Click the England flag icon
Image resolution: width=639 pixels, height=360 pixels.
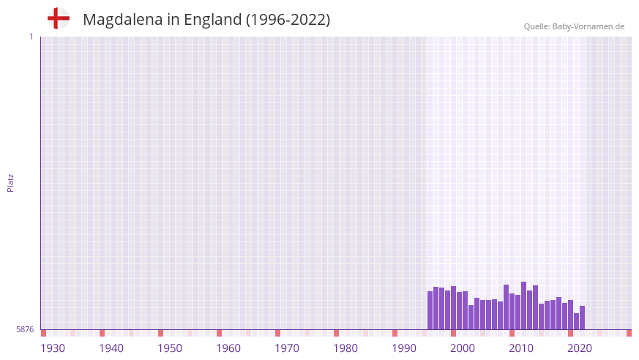(x=58, y=18)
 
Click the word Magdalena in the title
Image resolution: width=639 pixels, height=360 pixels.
(x=122, y=20)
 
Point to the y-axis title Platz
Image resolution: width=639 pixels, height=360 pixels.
(x=10, y=182)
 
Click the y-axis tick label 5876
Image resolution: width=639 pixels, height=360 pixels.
(x=25, y=330)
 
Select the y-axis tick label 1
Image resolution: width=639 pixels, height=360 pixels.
(x=31, y=37)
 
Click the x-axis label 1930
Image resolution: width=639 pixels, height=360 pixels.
(x=53, y=348)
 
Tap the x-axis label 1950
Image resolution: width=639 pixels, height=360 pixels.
(x=170, y=348)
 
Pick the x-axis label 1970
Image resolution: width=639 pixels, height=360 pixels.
(x=287, y=348)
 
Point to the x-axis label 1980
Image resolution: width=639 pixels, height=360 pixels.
(x=345, y=348)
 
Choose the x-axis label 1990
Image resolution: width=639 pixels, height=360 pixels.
(x=404, y=348)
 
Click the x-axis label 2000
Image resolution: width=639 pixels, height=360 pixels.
(x=463, y=348)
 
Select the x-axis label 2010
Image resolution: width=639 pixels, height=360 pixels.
(x=521, y=348)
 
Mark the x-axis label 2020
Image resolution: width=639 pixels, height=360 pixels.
(x=580, y=348)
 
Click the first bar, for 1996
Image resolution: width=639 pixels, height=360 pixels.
(x=430, y=310)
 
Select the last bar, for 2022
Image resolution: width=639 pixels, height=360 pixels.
(x=582, y=318)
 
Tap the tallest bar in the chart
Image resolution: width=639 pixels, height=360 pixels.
(x=523, y=305)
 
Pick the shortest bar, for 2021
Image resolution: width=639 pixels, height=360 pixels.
(x=576, y=321)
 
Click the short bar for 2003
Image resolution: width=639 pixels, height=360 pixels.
(x=471, y=317)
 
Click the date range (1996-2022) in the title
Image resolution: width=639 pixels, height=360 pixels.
(x=288, y=20)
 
